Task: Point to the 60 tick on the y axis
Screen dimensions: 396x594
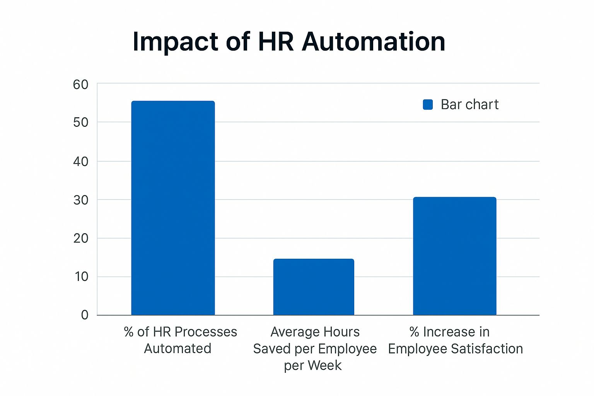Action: tap(80, 85)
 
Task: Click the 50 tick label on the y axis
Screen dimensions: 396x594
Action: tap(80, 123)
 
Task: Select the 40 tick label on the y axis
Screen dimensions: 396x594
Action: tap(80, 162)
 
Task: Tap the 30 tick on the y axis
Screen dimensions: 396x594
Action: tap(80, 200)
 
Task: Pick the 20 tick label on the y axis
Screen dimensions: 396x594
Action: tap(80, 239)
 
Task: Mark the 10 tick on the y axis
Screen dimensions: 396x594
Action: tap(81, 277)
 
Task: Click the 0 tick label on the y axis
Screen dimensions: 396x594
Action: tap(85, 315)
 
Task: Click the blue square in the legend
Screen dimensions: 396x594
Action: tap(428, 104)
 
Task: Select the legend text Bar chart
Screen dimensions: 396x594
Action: tap(469, 104)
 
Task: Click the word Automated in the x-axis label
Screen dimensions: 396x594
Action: tap(178, 348)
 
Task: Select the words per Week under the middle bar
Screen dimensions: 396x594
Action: tap(313, 365)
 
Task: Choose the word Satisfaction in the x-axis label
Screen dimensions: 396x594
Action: tap(487, 349)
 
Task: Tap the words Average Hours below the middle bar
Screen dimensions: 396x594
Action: tap(315, 332)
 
